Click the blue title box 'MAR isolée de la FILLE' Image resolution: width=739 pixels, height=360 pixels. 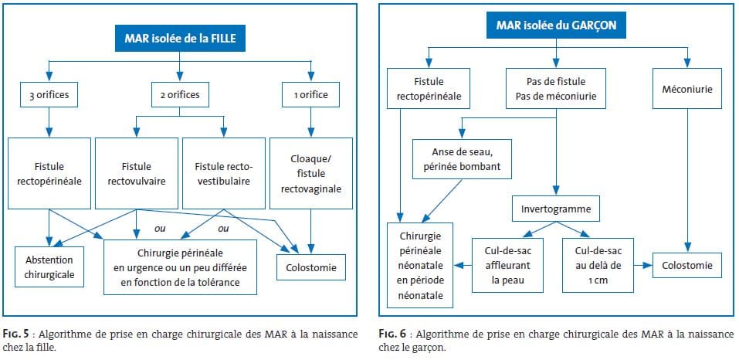pyautogui.click(x=179, y=39)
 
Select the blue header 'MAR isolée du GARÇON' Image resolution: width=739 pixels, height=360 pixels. pyautogui.click(x=556, y=25)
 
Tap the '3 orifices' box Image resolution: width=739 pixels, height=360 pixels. pyautogui.click(x=49, y=95)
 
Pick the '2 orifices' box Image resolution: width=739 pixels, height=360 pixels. pyautogui.click(x=180, y=95)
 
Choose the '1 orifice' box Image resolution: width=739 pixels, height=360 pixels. pyautogui.click(x=310, y=95)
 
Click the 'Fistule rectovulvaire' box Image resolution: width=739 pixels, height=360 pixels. pyautogui.click(x=137, y=173)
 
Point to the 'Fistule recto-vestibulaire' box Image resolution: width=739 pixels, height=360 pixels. pyautogui.click(x=223, y=173)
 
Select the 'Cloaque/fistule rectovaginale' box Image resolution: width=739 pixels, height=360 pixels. pyautogui.click(x=310, y=173)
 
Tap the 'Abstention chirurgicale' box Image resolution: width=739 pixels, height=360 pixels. pyautogui.click(x=49, y=267)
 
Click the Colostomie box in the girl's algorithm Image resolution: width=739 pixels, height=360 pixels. pyautogui.click(x=311, y=267)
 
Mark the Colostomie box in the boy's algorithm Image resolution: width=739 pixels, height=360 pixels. pyautogui.click(x=687, y=265)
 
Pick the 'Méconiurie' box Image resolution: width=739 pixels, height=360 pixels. pyautogui.click(x=687, y=89)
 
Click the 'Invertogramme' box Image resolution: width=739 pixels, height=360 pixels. pyautogui.click(x=557, y=209)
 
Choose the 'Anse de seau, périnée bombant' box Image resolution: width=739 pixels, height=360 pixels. pyautogui.click(x=462, y=158)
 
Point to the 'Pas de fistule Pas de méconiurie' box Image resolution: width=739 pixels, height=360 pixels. pyautogui.click(x=557, y=89)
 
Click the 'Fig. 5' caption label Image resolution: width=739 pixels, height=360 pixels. pyautogui.click(x=16, y=335)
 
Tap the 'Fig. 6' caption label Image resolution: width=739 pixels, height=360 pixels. pyautogui.click(x=393, y=335)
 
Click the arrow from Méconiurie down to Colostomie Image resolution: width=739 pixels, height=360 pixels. pyautogui.click(x=687, y=181)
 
